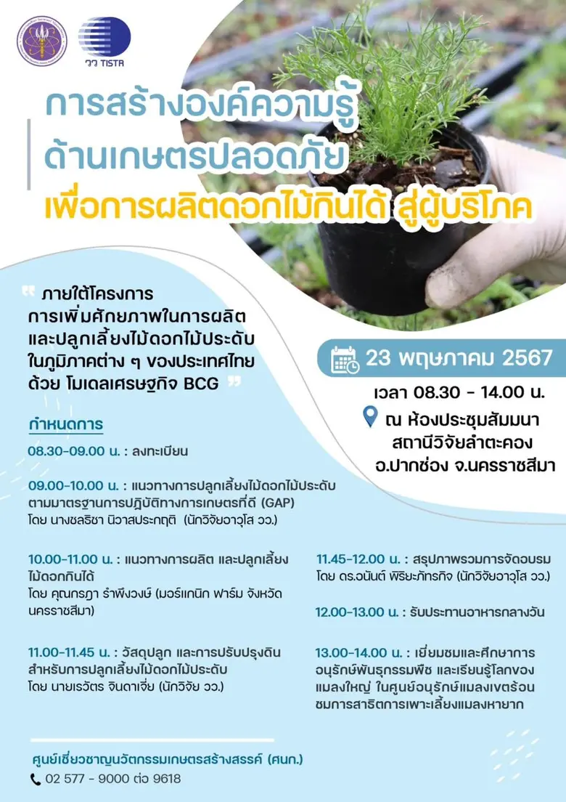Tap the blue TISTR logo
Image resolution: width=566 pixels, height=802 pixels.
pyautogui.click(x=104, y=40)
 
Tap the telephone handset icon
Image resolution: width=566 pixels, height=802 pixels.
pyautogui.click(x=36, y=779)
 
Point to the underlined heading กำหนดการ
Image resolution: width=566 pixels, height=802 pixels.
pyautogui.click(x=65, y=424)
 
